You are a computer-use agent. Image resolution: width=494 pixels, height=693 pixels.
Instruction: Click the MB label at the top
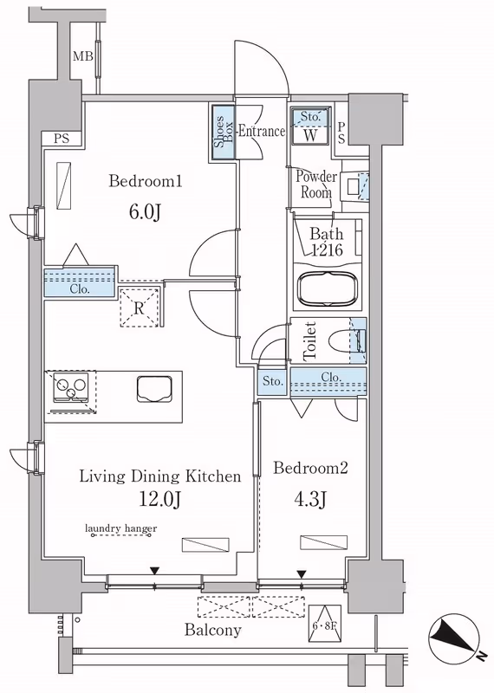click(x=82, y=56)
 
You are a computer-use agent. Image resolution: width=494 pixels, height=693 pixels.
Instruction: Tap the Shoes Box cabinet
click(x=223, y=132)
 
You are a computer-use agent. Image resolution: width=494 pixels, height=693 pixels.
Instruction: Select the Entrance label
click(x=262, y=132)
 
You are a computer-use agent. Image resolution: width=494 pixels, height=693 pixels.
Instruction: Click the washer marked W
click(x=310, y=125)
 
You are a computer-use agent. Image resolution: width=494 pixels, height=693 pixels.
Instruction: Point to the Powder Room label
click(x=316, y=184)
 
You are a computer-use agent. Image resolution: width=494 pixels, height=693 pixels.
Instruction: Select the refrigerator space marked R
click(x=139, y=308)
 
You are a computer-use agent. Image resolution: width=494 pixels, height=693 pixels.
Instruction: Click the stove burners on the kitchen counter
click(x=71, y=387)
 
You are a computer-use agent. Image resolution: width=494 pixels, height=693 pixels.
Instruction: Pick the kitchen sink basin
click(x=154, y=389)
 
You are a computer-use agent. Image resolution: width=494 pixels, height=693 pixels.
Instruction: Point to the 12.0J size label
click(x=159, y=500)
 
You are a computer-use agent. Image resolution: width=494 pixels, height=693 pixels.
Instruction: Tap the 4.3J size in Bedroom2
click(x=309, y=500)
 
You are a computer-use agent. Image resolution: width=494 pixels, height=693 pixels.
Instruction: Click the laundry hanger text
click(x=120, y=528)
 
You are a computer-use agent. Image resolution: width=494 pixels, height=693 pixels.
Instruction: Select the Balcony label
click(x=213, y=630)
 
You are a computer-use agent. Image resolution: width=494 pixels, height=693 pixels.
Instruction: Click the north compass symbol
click(x=454, y=636)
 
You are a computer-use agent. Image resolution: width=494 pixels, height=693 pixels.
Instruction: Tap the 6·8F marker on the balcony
click(x=325, y=623)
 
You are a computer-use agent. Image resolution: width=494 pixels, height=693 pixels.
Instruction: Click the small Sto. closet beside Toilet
click(x=273, y=381)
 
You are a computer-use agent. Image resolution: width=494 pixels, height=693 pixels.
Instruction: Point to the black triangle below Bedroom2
click(x=302, y=574)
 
